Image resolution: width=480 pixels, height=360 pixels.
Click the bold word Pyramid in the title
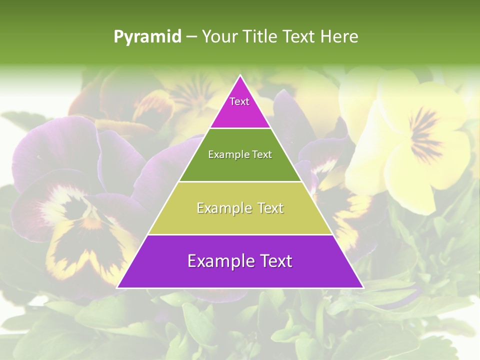point(147,37)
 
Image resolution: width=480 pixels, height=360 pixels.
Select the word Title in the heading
point(261,37)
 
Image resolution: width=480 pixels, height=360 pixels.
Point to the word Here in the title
point(339,37)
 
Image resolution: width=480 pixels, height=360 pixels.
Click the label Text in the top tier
point(239,101)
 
